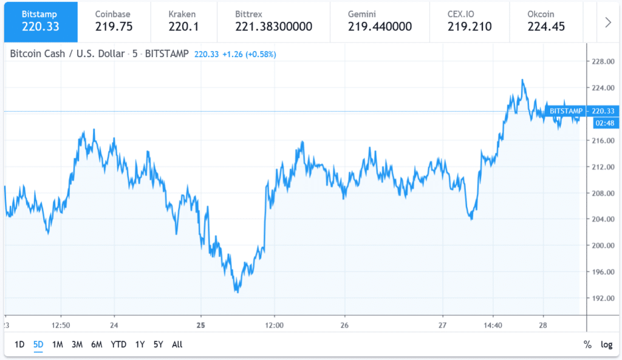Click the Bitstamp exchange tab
[x=39, y=20]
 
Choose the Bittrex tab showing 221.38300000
[x=273, y=20]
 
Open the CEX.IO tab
[x=469, y=20]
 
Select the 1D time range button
[x=19, y=345]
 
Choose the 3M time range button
[x=77, y=345]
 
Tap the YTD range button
[x=118, y=345]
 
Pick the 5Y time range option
[x=159, y=345]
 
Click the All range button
[x=177, y=345]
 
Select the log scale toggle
[x=606, y=345]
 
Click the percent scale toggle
[x=587, y=345]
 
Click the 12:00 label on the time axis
[x=275, y=325]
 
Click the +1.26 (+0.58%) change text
[x=248, y=54]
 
